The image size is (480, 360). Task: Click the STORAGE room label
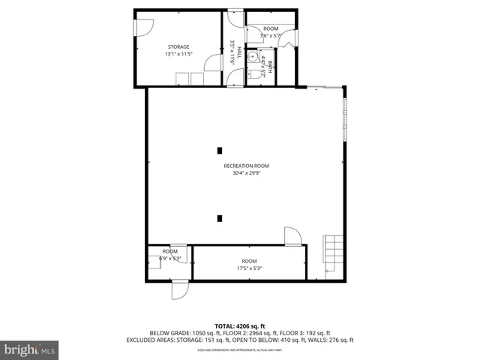coord(178,46)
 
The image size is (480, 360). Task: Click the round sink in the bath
coord(253,58)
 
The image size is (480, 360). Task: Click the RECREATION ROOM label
coord(246,166)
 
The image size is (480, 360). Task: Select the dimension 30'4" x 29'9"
coord(246,173)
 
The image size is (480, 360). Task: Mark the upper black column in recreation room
coord(219,148)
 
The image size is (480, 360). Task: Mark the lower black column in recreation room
coord(219,218)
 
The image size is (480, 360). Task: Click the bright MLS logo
coord(30,349)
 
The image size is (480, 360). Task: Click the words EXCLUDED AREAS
coord(170,340)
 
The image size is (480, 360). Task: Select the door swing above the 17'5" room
coord(292,236)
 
